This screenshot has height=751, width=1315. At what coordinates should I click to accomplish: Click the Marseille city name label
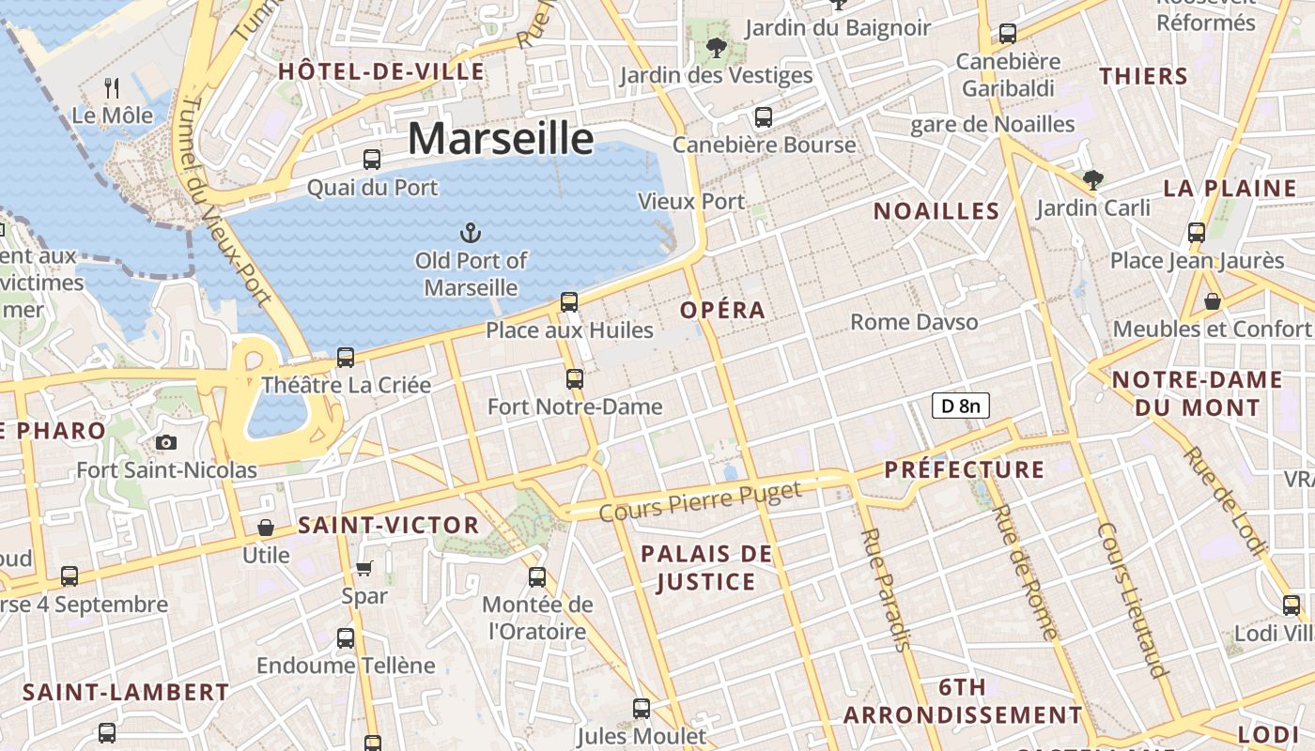(x=501, y=139)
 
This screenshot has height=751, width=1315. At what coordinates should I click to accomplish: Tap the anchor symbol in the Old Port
(x=469, y=232)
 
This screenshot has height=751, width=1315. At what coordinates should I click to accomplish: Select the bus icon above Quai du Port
(x=372, y=160)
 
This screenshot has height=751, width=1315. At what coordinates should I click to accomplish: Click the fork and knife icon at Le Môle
(x=113, y=88)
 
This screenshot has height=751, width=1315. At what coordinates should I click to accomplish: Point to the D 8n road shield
(x=960, y=406)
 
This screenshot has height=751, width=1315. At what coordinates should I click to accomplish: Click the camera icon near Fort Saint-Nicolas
(x=166, y=442)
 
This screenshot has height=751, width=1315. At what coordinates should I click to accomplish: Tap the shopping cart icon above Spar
(x=364, y=568)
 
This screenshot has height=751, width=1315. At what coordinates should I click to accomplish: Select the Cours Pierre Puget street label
(x=701, y=500)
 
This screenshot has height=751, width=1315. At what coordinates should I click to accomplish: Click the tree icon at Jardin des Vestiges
(x=716, y=46)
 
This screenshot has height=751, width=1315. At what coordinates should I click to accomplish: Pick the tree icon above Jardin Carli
(x=1092, y=179)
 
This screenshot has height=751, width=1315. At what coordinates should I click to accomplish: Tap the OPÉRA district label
(x=723, y=310)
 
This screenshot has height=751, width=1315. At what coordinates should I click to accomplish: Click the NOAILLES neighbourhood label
(x=936, y=211)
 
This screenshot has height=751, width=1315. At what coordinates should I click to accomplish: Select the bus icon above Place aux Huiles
(x=569, y=302)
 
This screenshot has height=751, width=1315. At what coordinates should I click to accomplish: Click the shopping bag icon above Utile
(x=266, y=528)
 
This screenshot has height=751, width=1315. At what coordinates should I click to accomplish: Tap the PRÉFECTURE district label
(x=965, y=469)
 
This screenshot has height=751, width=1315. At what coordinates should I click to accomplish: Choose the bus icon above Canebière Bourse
(x=764, y=117)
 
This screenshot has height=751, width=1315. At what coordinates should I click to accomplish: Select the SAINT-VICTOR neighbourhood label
(x=389, y=526)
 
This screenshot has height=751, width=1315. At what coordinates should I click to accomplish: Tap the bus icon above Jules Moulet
(x=642, y=709)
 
